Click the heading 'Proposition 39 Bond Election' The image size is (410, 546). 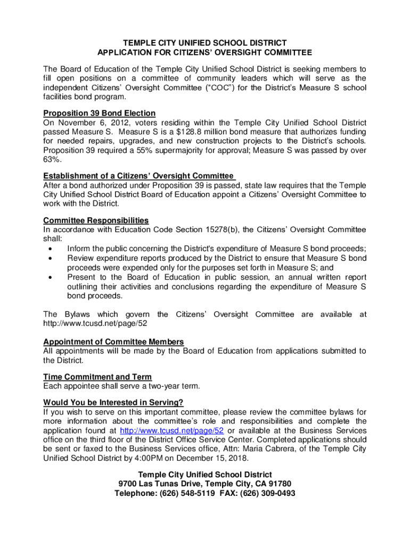coord(99,113)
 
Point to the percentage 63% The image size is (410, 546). coord(52,159)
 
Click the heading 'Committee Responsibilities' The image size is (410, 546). coord(96,220)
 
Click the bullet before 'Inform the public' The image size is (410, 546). coord(50,248)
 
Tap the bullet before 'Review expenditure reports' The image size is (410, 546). coord(50,258)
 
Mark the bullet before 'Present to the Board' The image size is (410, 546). coord(50,277)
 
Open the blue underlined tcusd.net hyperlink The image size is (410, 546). coord(172,430)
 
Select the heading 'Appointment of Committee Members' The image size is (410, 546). coord(113,341)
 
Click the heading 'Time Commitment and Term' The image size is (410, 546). coord(97,376)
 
